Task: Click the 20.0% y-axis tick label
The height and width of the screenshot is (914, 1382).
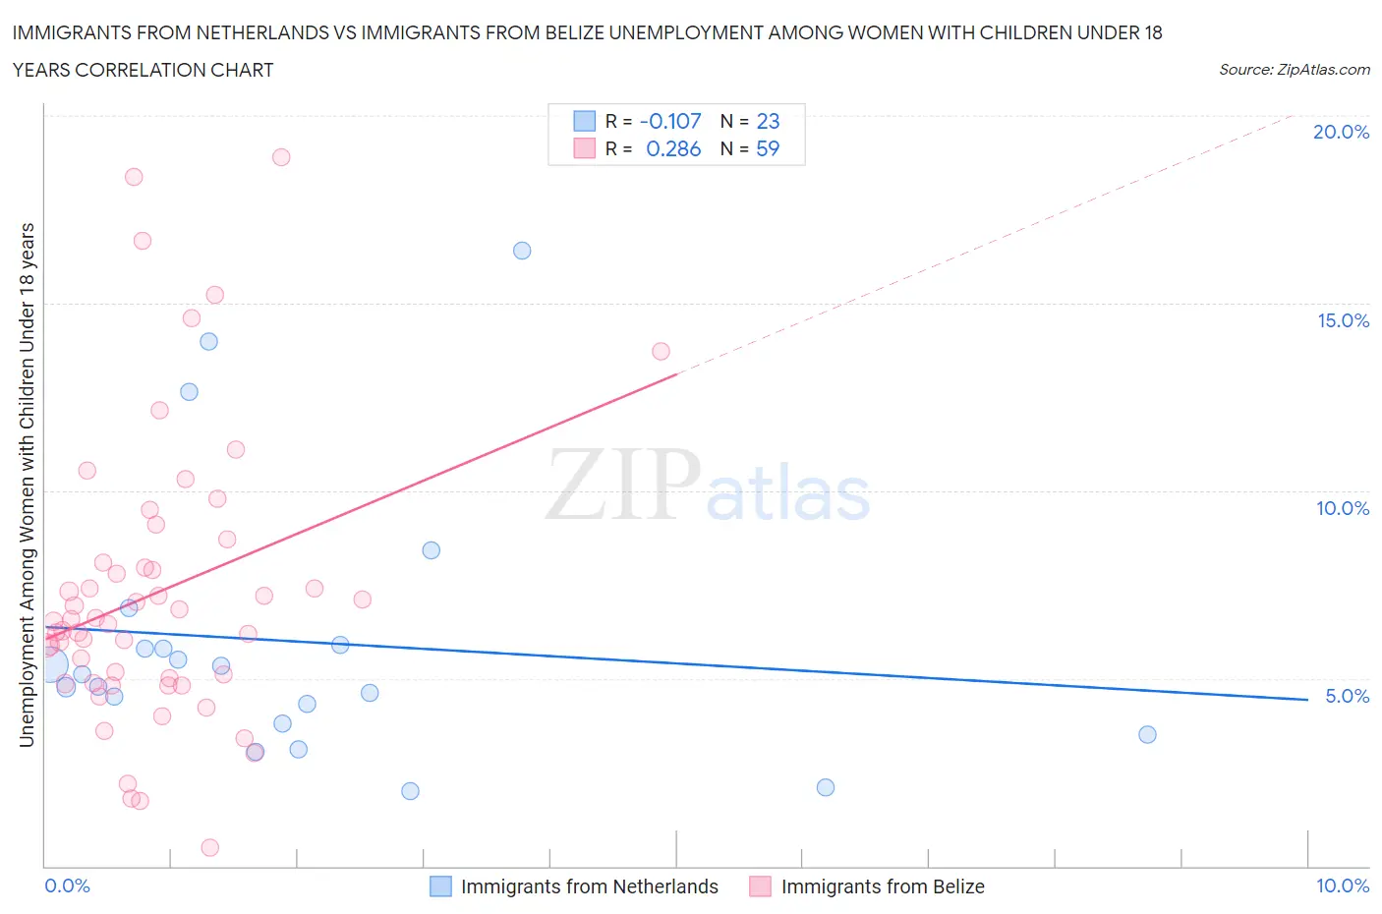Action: click(x=1341, y=132)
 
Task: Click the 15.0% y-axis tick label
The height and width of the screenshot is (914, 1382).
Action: click(x=1343, y=320)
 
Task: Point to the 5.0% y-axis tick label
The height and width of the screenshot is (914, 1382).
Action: click(x=1347, y=696)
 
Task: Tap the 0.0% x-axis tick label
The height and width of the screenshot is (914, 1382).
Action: click(x=67, y=885)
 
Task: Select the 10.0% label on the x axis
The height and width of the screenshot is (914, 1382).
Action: click(x=1343, y=885)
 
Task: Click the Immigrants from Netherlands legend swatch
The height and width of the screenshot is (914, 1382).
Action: click(x=441, y=886)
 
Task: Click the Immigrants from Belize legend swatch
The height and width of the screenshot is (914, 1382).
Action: click(x=760, y=886)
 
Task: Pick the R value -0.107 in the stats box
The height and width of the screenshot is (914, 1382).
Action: click(x=670, y=121)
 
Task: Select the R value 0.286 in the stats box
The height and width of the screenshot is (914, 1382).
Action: click(x=673, y=148)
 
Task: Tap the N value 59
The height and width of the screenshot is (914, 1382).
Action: click(x=768, y=148)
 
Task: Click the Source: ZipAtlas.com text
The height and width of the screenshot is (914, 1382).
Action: click(x=1294, y=69)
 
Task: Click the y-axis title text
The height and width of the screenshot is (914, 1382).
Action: click(x=27, y=485)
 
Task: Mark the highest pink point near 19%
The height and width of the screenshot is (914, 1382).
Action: click(x=281, y=157)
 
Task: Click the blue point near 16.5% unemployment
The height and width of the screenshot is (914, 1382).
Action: click(x=522, y=251)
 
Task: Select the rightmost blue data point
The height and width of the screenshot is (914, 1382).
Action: click(x=1147, y=734)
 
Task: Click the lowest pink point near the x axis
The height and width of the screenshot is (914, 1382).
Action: click(x=209, y=847)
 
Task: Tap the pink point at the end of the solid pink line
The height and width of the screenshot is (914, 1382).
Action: click(x=661, y=351)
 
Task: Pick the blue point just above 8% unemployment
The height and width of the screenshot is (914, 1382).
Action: click(x=431, y=550)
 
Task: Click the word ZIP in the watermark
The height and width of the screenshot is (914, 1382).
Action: click(x=622, y=484)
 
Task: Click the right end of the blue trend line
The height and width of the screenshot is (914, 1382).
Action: click(x=1307, y=699)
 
